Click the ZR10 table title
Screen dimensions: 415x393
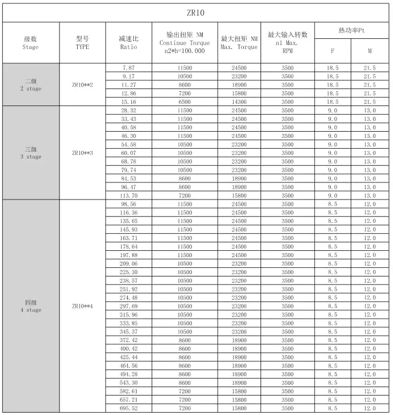pyautogui.click(x=196, y=13)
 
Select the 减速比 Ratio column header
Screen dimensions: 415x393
pyautogui.click(x=129, y=43)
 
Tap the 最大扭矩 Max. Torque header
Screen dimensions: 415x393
pyautogui.click(x=239, y=43)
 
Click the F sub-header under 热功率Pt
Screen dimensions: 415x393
pyautogui.click(x=332, y=51)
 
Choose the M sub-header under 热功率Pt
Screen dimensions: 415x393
pyautogui.click(x=370, y=51)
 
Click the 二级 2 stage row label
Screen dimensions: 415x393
pyautogui.click(x=31, y=85)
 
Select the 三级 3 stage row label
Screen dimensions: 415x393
pyautogui.click(x=31, y=153)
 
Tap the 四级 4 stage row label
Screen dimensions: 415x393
pyautogui.click(x=31, y=306)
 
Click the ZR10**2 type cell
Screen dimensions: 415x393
pyautogui.click(x=82, y=85)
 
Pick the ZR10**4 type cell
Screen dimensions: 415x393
pyautogui.click(x=82, y=306)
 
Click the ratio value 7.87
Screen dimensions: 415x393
pyautogui.click(x=129, y=68)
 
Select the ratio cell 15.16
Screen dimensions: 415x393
pyautogui.click(x=129, y=101)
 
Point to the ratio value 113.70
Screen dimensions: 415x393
pyautogui.click(x=129, y=196)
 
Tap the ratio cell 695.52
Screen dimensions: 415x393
pyautogui.click(x=129, y=408)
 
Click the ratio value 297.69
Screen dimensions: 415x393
pyautogui.click(x=129, y=306)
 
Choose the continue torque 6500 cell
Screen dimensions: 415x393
pyautogui.click(x=185, y=101)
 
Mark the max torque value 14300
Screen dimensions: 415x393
pyautogui.click(x=239, y=101)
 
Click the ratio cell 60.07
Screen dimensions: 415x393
pyautogui.click(x=129, y=153)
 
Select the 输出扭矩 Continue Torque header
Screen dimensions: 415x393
pyautogui.click(x=185, y=43)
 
